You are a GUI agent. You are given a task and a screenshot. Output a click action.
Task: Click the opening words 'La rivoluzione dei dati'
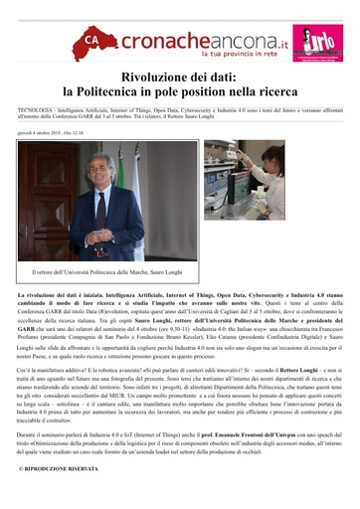tap(50, 296)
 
